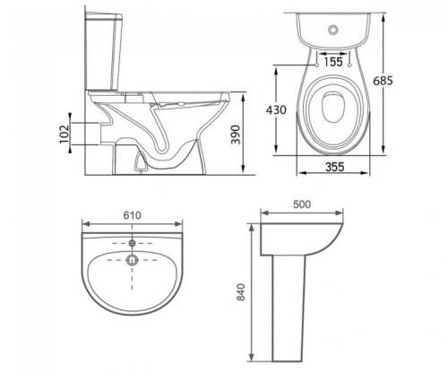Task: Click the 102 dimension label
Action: [65, 134]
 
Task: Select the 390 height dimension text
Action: [236, 134]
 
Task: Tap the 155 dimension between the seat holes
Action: [333, 62]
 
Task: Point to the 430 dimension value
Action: [276, 110]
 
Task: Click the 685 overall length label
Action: [383, 81]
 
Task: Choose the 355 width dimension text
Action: [335, 167]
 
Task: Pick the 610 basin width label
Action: [132, 215]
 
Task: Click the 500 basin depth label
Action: [302, 204]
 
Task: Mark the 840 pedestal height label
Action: [241, 292]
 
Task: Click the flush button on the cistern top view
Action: [333, 30]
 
